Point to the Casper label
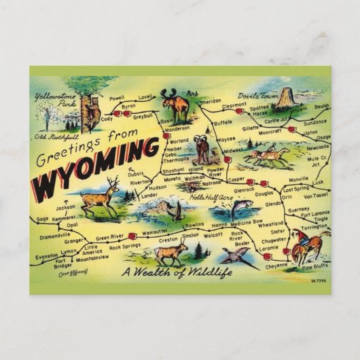click(236, 179)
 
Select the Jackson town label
click(66, 208)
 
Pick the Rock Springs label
click(124, 246)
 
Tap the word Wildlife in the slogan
click(207, 272)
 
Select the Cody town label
click(107, 118)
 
